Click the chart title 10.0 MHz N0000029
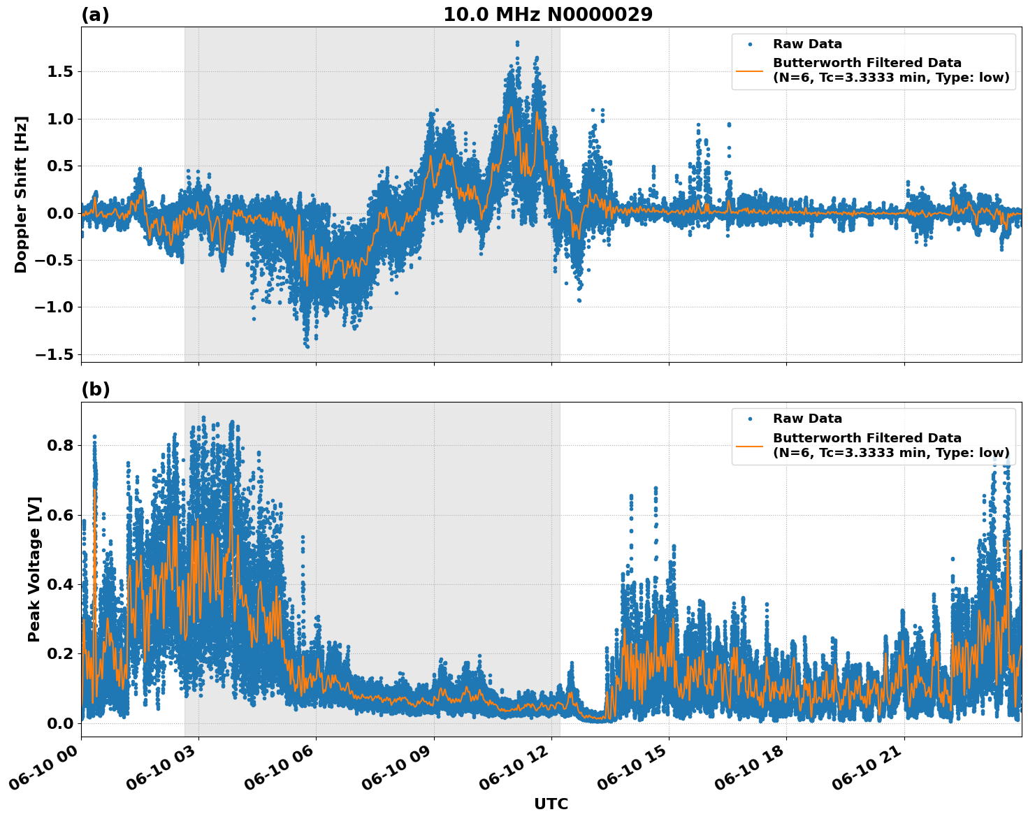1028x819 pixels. [547, 15]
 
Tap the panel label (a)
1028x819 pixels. [95, 15]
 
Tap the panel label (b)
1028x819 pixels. [95, 389]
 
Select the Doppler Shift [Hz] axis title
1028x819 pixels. [21, 194]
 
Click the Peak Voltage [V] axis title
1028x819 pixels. [34, 569]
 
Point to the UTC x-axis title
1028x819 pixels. [551, 804]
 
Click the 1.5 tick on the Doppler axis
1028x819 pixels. [60, 71]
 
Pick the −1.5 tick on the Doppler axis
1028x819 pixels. [55, 354]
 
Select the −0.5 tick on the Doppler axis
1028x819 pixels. [55, 260]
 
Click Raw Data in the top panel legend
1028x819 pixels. [807, 44]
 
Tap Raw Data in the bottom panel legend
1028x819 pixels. [807, 419]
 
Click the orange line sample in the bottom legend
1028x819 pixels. [750, 445]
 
